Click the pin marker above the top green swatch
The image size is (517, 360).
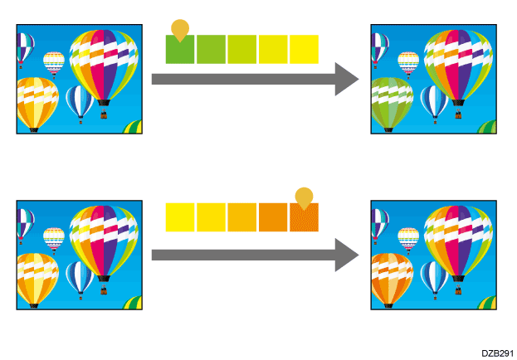tap(179, 29)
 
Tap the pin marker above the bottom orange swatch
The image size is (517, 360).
tap(305, 197)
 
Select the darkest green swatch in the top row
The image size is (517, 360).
tap(180, 50)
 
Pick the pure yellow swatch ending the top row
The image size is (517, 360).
tap(305, 50)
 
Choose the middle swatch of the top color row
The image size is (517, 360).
tap(242, 50)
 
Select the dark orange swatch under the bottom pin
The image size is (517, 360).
tap(305, 217)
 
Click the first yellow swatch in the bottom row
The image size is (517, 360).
tap(180, 217)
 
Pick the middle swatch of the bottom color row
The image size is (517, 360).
tap(242, 217)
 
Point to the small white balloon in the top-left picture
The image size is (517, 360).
tap(54, 61)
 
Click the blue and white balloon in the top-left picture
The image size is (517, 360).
tap(80, 100)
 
